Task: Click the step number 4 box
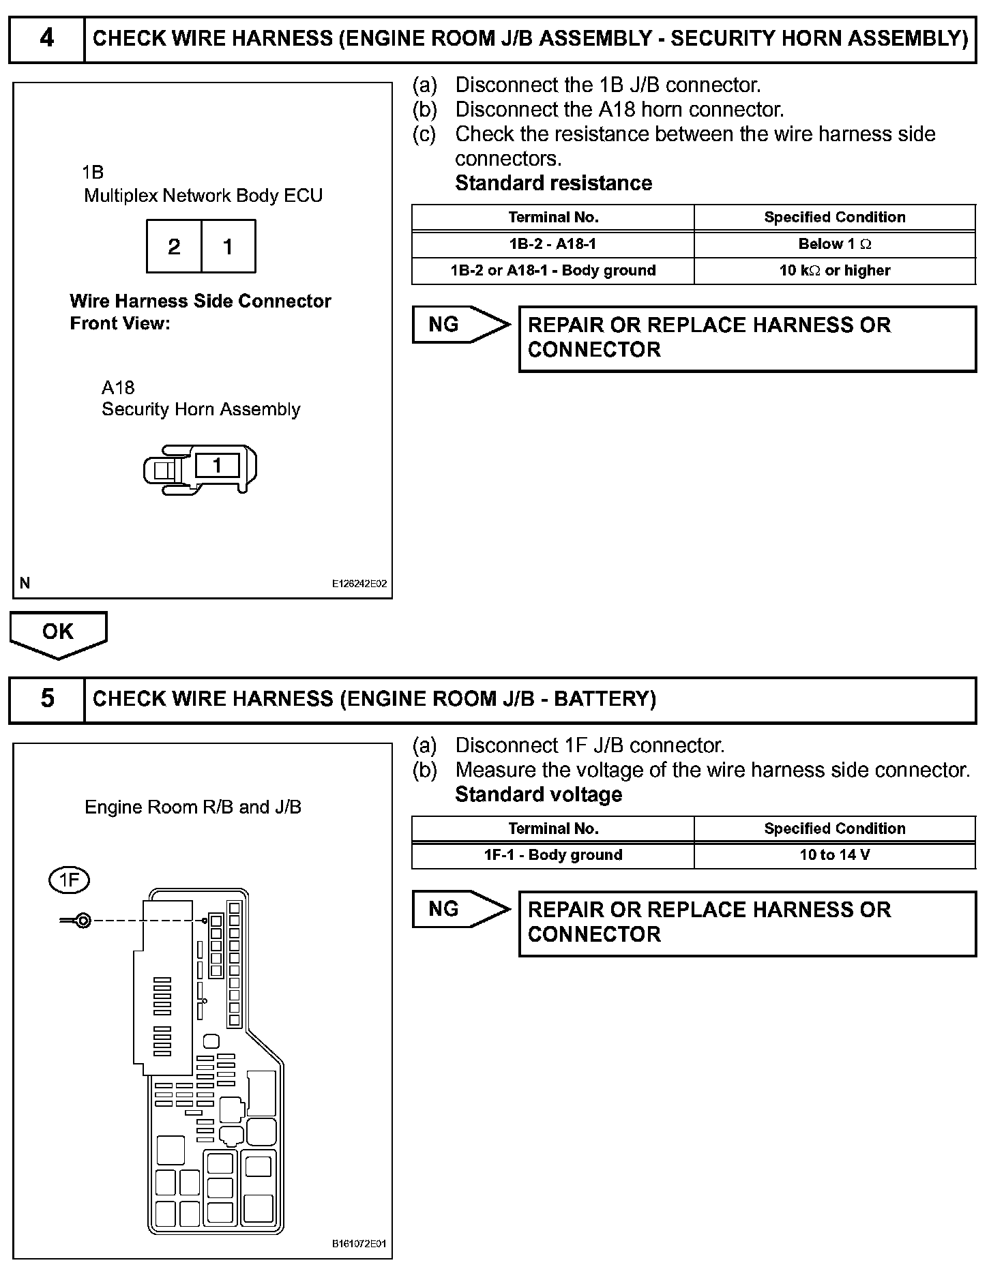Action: click(46, 38)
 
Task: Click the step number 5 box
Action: click(46, 699)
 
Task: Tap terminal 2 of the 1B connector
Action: click(174, 246)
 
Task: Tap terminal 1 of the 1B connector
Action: click(228, 246)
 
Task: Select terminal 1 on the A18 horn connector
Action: click(217, 466)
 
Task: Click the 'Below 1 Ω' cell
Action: click(835, 244)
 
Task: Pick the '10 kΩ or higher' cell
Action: click(835, 271)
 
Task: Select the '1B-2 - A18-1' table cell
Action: click(552, 244)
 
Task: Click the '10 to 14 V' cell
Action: click(835, 855)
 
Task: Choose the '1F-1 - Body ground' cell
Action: click(552, 855)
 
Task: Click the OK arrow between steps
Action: click(58, 633)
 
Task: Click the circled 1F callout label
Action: click(70, 880)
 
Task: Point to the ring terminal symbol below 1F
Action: click(81, 921)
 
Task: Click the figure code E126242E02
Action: click(359, 584)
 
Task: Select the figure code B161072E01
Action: click(359, 1244)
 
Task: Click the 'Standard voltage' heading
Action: click(538, 794)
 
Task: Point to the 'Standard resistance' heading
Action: click(553, 183)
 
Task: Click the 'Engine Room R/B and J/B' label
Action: click(193, 807)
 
